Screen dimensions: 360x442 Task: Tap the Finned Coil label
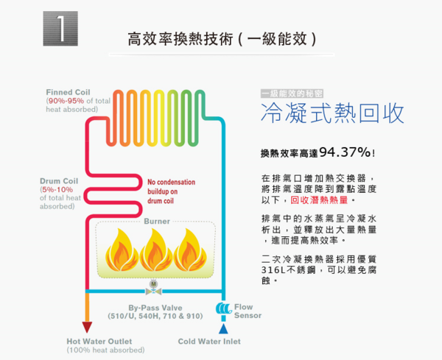(68, 92)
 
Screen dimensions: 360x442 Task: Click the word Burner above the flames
(157, 221)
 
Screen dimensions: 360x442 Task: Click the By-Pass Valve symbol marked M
(153, 285)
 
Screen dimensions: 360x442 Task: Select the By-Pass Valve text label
(155, 308)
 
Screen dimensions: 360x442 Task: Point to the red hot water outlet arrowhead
(88, 328)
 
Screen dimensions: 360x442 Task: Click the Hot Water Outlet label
(100, 342)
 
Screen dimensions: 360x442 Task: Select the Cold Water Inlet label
(209, 342)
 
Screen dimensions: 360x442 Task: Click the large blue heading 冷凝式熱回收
(332, 114)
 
